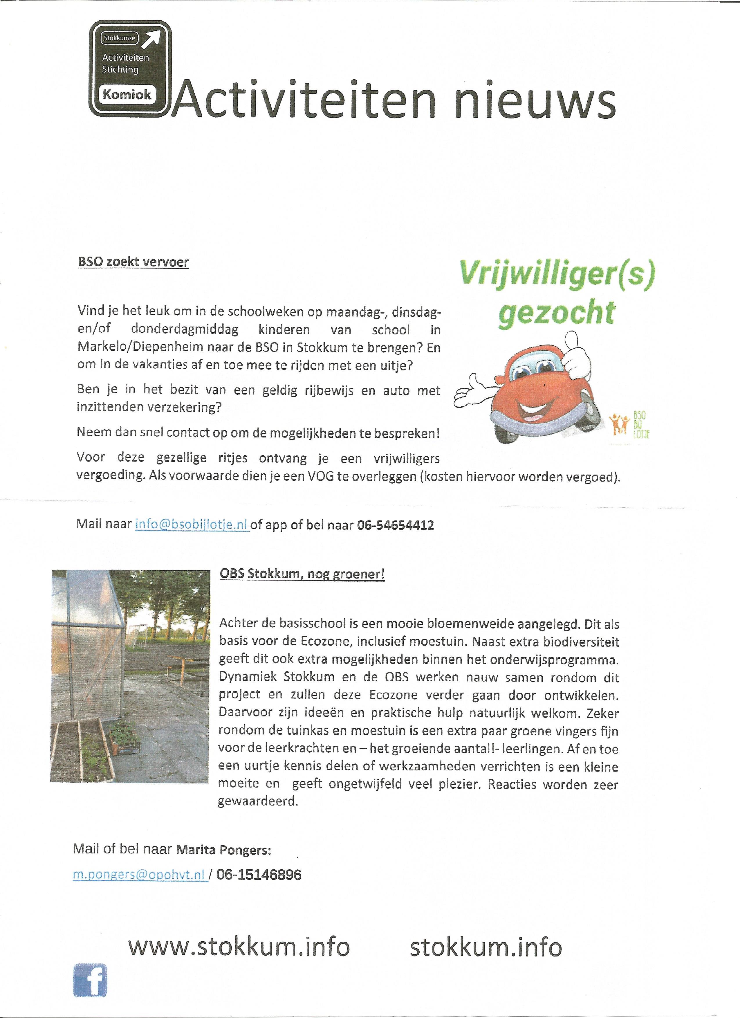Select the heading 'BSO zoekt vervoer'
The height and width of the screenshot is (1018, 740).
point(133,262)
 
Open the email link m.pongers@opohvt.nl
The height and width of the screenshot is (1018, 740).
point(140,875)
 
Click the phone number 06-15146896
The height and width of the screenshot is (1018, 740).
point(259,875)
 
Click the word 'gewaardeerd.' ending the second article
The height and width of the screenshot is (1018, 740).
point(258,801)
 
